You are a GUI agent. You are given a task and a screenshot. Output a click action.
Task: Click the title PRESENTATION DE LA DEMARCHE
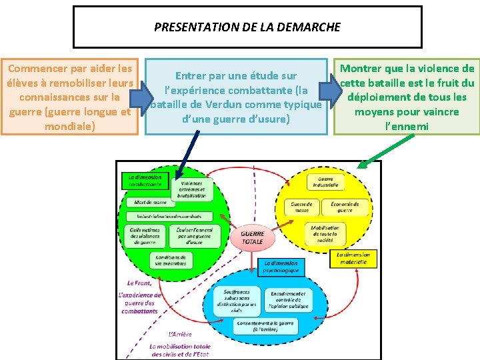pyautogui.click(x=247, y=27)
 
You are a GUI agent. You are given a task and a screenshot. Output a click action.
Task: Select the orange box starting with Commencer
pyautogui.click(x=69, y=97)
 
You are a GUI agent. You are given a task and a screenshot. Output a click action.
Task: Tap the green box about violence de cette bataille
pyautogui.click(x=407, y=97)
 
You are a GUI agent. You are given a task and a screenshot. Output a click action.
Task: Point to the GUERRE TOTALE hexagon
pyautogui.click(x=252, y=237)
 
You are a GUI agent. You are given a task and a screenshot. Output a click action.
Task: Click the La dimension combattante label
pyautogui.click(x=145, y=180)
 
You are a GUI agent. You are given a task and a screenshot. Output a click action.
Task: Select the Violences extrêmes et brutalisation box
pyautogui.click(x=192, y=189)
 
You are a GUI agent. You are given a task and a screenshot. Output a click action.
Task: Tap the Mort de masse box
pyautogui.click(x=150, y=202)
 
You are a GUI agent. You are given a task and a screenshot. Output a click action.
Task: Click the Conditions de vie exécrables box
pyautogui.click(x=171, y=260)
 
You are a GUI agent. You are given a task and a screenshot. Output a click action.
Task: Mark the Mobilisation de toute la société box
pyautogui.click(x=325, y=233)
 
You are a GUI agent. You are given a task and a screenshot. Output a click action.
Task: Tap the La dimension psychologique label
pyautogui.click(x=281, y=267)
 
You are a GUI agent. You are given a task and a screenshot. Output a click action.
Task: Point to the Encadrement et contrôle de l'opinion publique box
pyautogui.click(x=288, y=301)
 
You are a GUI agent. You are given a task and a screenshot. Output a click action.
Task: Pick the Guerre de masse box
pyautogui.click(x=301, y=207)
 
